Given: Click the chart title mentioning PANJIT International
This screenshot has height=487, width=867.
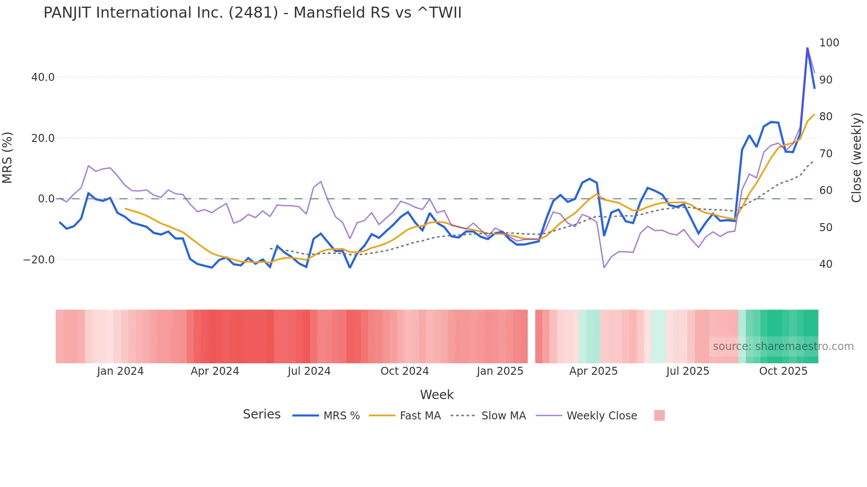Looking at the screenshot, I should [252, 13].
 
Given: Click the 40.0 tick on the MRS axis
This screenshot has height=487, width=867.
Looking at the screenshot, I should [43, 77].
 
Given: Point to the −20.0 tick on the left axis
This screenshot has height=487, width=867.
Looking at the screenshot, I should [39, 260].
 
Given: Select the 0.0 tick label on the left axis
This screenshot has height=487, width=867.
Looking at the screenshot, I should [46, 199].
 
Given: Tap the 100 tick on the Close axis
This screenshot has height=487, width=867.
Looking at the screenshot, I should [829, 43].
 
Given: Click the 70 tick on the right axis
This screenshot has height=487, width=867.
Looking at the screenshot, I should [825, 154].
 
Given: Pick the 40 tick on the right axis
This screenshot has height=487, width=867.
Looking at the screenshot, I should [825, 264].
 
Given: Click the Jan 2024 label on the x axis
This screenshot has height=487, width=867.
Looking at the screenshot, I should [120, 371].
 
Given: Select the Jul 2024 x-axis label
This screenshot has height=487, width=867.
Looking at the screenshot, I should [309, 371].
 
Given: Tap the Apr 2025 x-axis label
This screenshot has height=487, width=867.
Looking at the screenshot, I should [593, 371].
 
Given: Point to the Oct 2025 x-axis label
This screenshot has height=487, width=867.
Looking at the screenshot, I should [783, 371].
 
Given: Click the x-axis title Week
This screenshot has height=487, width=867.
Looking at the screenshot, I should [437, 395].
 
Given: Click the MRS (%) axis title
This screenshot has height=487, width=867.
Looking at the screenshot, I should [8, 158].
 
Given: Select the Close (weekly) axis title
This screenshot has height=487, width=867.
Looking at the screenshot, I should [856, 158].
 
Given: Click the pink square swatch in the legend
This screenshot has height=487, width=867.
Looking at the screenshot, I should [659, 415].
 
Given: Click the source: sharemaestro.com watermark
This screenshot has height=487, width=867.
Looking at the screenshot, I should [783, 346].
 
